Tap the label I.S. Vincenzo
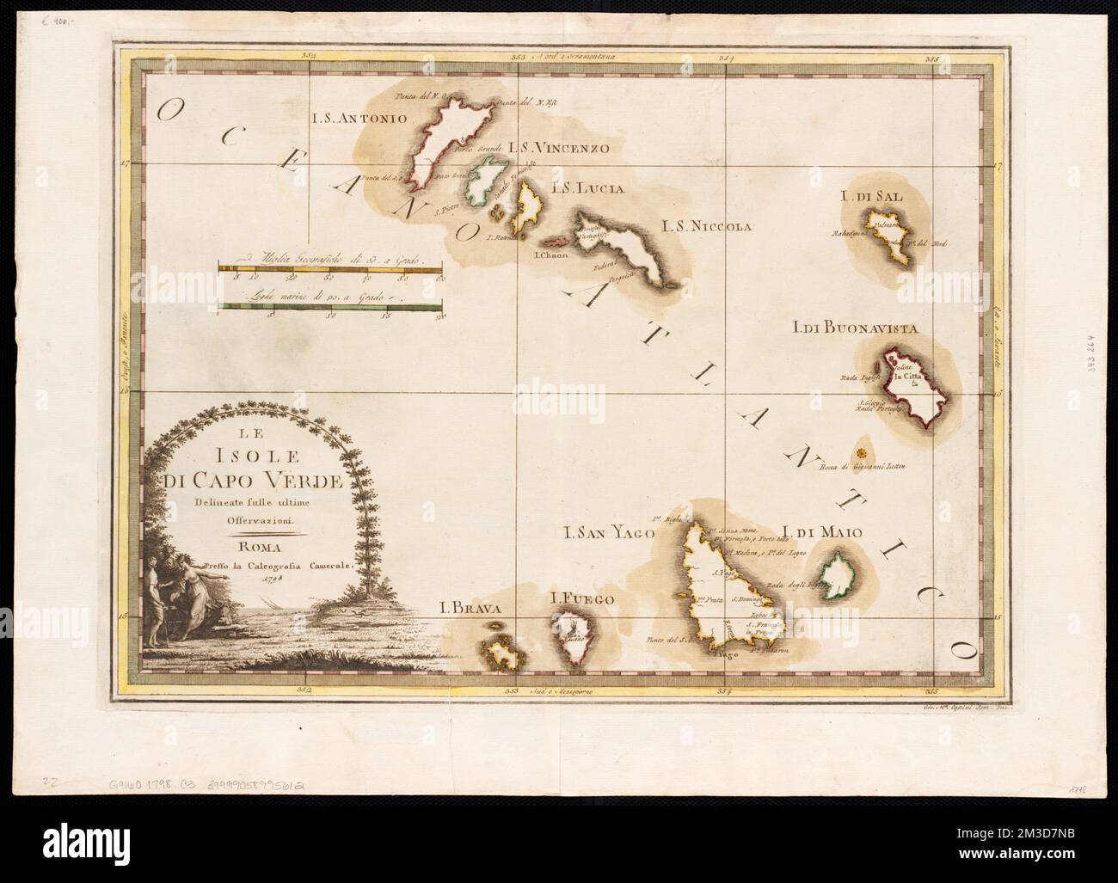558,148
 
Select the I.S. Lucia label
587,187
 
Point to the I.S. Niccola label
706,226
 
